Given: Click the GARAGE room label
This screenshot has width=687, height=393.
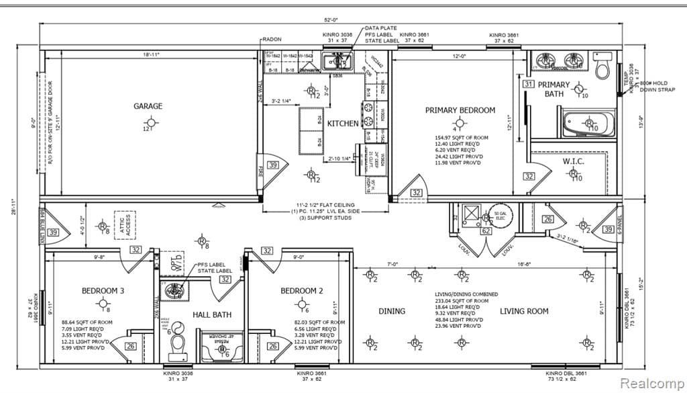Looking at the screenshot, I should point(148,105).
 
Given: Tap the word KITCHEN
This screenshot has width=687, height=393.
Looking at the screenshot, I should point(343,124).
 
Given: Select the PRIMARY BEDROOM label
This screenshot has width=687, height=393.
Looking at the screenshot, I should point(460,110).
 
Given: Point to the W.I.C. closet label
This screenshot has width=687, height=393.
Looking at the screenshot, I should point(574,161).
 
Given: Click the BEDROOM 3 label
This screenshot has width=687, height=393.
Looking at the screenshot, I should point(102,291).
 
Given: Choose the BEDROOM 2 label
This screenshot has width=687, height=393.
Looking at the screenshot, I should point(301,291).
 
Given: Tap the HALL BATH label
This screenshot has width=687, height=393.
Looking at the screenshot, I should point(213,314).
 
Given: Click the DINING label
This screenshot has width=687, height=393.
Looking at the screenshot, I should point(391,311).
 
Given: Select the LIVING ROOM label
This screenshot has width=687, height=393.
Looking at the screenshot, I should point(523,311).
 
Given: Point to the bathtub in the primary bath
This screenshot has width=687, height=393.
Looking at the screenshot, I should point(586,125).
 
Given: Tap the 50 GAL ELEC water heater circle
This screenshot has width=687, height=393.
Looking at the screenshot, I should point(499,214).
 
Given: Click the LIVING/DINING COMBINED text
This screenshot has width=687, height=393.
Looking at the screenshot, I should point(466,294).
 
